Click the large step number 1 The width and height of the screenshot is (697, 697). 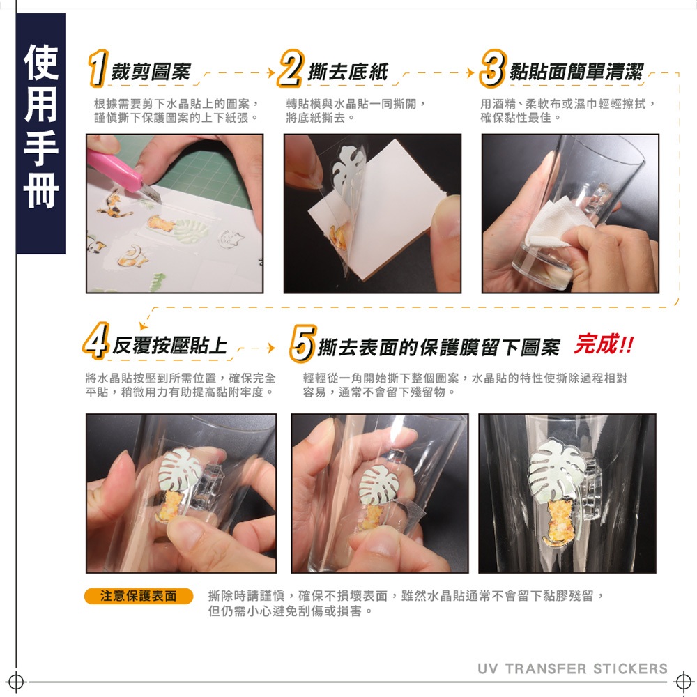(x=98, y=68)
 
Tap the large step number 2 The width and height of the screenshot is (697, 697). (x=291, y=68)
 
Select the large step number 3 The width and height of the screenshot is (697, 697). (x=493, y=68)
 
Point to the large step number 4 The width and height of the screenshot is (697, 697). (x=96, y=341)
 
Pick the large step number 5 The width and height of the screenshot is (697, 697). (x=303, y=343)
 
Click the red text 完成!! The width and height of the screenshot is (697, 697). (x=604, y=344)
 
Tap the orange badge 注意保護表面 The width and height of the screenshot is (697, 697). (x=139, y=596)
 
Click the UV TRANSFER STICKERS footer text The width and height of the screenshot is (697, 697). (x=572, y=668)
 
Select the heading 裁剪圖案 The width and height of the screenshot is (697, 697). (x=151, y=72)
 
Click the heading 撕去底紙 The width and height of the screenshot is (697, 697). (x=348, y=72)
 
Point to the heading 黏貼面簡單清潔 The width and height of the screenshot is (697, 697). (x=576, y=72)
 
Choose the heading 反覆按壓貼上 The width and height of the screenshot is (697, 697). (x=169, y=346)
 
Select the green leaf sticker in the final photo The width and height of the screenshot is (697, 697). (x=557, y=471)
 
